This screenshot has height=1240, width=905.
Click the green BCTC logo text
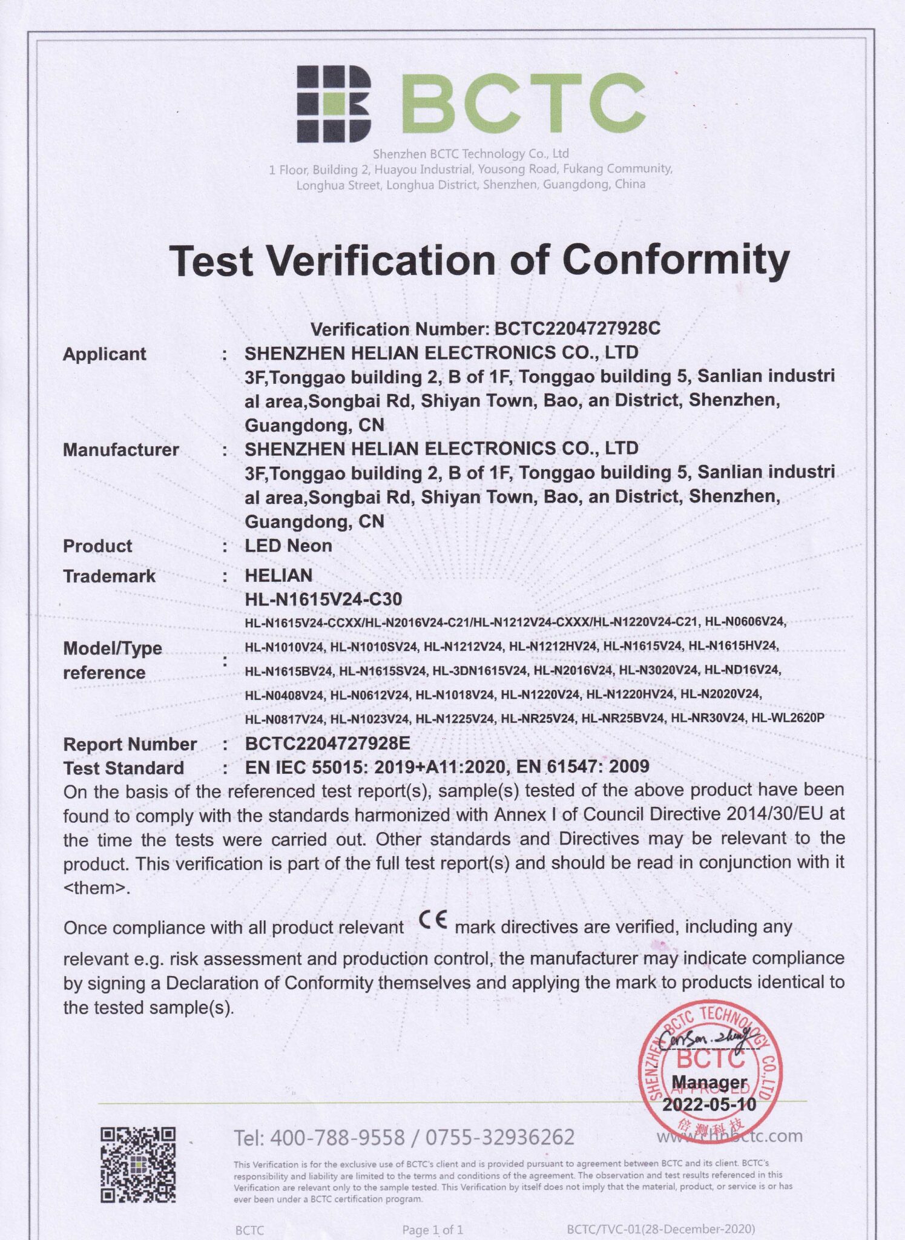pos(524,104)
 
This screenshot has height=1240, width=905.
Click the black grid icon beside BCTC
pos(334,104)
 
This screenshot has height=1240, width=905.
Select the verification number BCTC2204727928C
pos(578,329)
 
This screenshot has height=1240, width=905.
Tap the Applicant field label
pos(105,354)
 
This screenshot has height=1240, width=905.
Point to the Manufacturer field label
pos(121,449)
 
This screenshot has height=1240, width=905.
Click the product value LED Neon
pos(288,546)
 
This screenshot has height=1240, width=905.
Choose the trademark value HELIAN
pos(278,575)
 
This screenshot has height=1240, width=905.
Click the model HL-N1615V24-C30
pos(323,599)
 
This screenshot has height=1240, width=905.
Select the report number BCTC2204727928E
pos(327,744)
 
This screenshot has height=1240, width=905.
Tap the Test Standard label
pos(123,768)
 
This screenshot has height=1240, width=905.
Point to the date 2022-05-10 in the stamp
pos(709,1105)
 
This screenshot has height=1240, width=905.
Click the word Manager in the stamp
pos(709,1082)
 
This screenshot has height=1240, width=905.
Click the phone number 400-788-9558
pos(337,1138)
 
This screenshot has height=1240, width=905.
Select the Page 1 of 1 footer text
pos(432,1229)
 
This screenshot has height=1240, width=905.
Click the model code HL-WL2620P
pos(788,718)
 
